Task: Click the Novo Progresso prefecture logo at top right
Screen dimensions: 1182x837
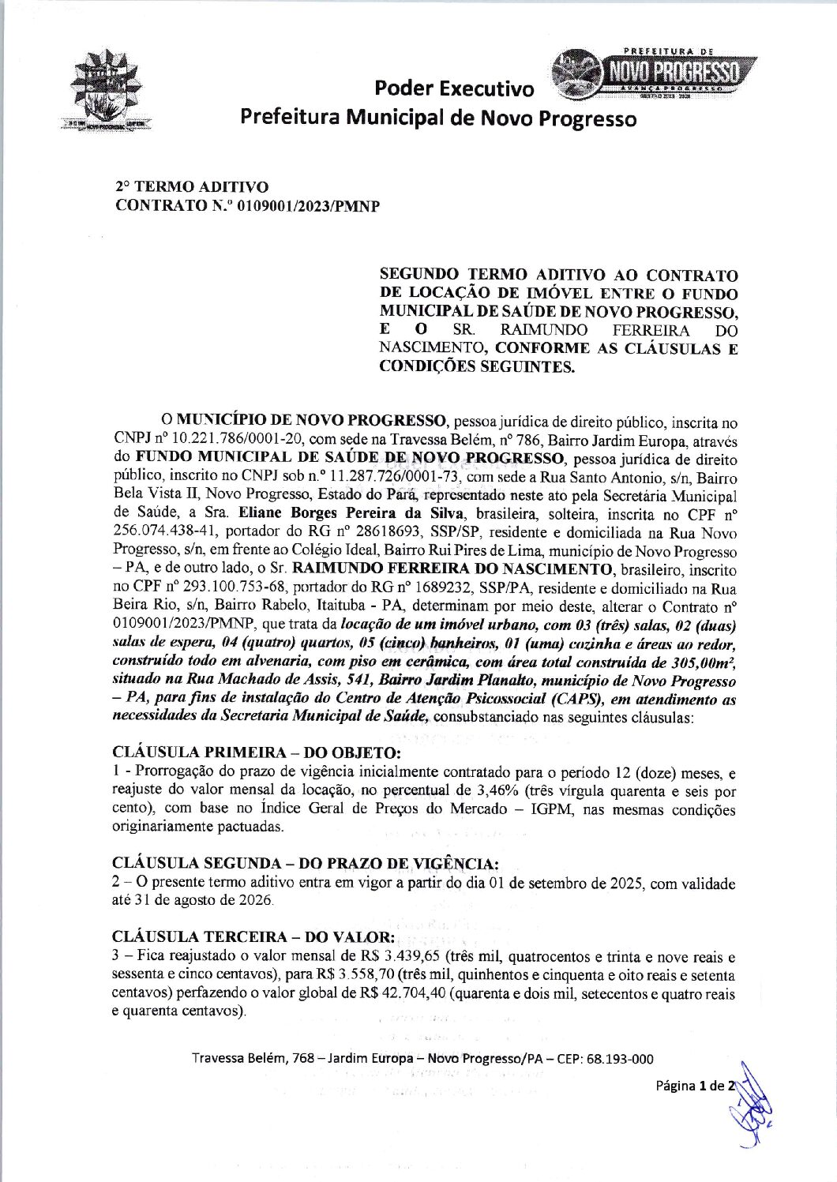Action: point(653,73)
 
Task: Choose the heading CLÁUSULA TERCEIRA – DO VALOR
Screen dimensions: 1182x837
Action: point(253,937)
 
